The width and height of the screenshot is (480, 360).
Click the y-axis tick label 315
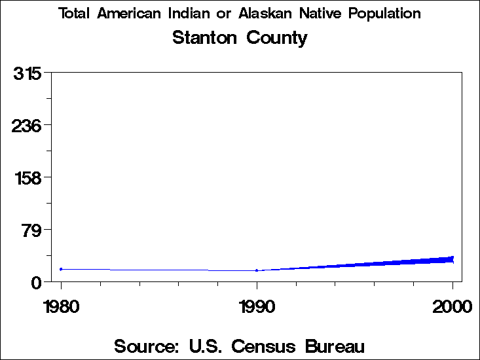tap(28, 73)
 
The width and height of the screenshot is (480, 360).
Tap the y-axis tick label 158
tap(28, 177)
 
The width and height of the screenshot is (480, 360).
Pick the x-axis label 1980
tap(61, 306)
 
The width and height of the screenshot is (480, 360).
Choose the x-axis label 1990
tap(257, 306)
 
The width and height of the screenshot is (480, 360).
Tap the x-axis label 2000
tap(452, 306)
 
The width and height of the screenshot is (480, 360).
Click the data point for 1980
tap(61, 269)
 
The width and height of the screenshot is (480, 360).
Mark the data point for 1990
tap(257, 270)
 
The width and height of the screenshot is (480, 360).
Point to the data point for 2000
tap(452, 259)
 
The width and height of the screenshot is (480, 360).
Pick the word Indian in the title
tap(190, 14)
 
